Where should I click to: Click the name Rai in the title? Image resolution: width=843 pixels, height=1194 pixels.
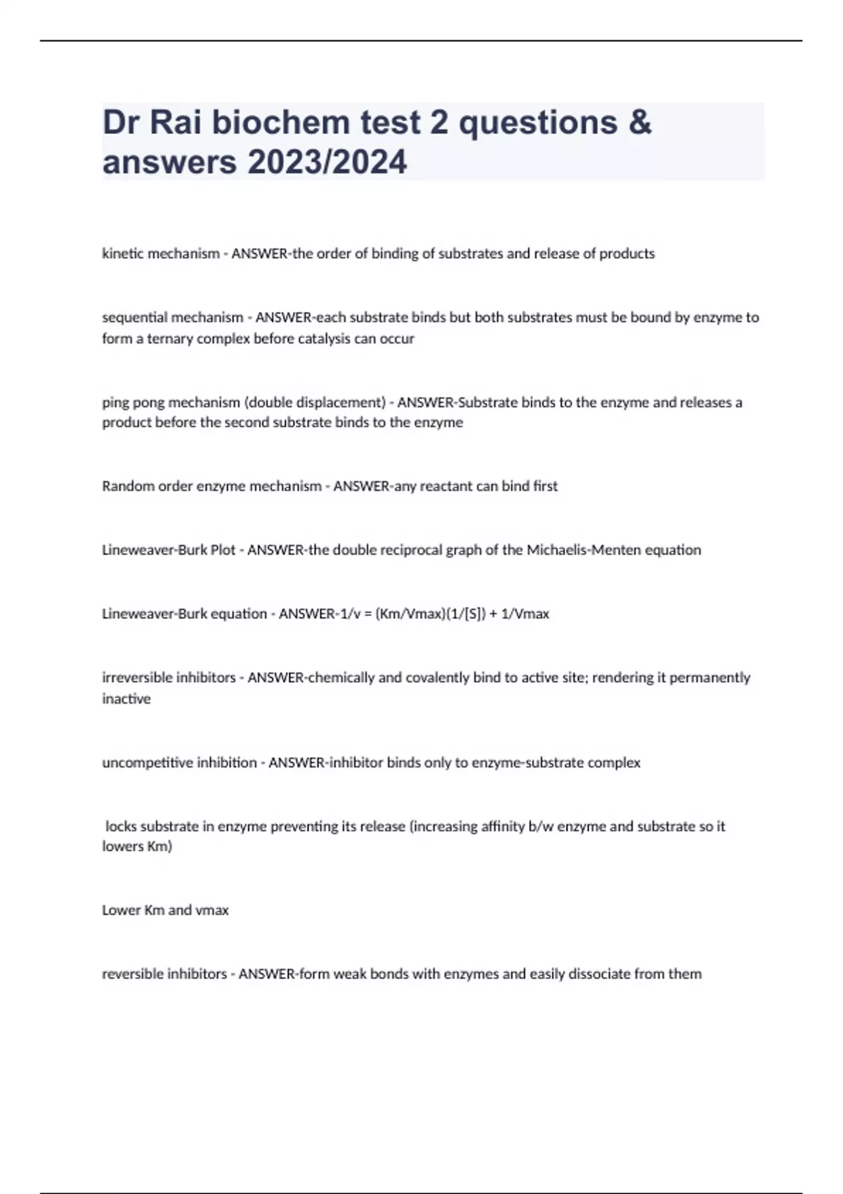(176, 122)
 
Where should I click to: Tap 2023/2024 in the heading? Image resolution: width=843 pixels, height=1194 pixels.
(327, 162)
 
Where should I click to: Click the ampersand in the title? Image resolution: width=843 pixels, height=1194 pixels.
(639, 122)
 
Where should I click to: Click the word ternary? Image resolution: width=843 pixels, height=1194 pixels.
(169, 339)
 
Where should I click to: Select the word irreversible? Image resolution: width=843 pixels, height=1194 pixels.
(135, 678)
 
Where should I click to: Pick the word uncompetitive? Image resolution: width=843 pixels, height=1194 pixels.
(145, 763)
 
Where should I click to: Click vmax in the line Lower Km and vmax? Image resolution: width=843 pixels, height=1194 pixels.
(212, 910)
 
